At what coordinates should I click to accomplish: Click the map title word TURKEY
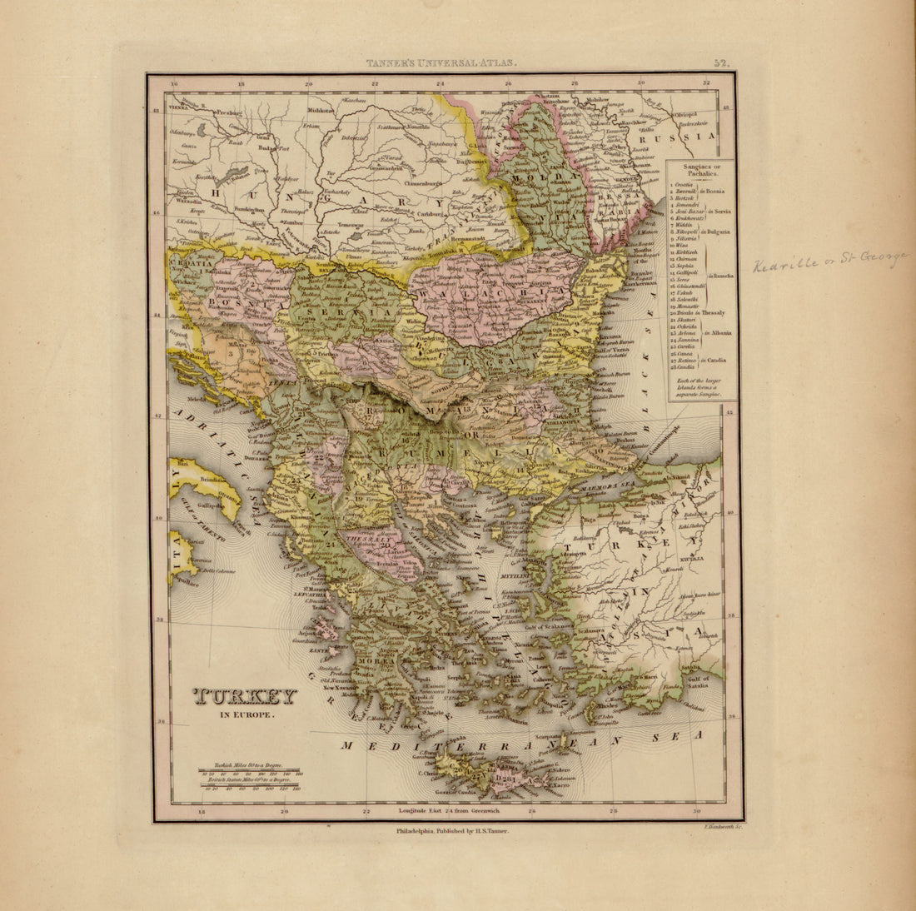pyautogui.click(x=245, y=697)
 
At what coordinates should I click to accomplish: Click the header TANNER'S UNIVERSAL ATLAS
pyautogui.click(x=442, y=62)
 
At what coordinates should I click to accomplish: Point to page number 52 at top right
pyautogui.click(x=720, y=62)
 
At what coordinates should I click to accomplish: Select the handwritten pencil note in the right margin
pyautogui.click(x=829, y=262)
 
